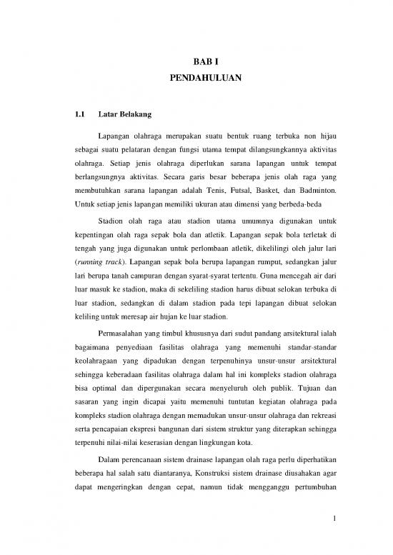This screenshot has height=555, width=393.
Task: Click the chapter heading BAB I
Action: (x=196, y=61)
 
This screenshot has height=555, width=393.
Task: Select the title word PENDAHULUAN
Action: (x=196, y=75)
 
